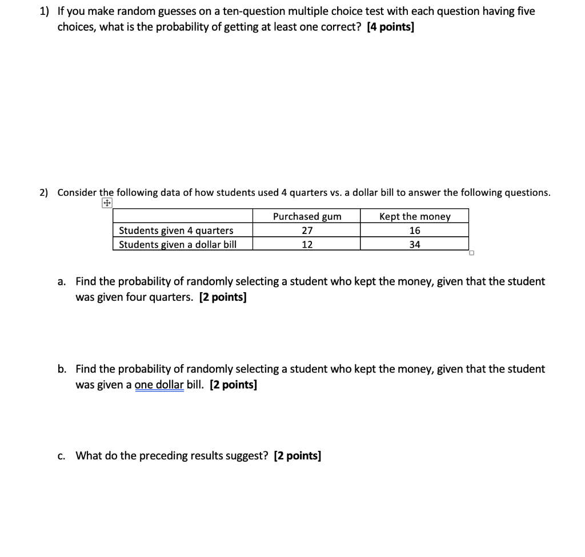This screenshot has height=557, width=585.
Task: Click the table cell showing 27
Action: tap(307, 231)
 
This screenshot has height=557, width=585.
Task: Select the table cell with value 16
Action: tap(415, 231)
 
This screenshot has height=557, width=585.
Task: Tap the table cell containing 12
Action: tap(307, 244)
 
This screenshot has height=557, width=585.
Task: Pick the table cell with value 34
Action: tap(415, 244)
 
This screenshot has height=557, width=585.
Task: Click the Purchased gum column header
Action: tap(307, 216)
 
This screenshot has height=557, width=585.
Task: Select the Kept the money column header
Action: tap(415, 216)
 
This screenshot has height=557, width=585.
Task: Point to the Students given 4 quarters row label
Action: tap(176, 231)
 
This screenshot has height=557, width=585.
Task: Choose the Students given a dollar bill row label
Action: tap(177, 244)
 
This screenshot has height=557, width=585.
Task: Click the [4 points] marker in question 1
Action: tap(390, 27)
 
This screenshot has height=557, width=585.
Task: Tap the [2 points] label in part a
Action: tap(223, 297)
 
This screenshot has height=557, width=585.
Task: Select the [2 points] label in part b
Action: tap(233, 385)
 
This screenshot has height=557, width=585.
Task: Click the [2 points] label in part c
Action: tap(297, 455)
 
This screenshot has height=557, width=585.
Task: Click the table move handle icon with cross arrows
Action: tap(107, 203)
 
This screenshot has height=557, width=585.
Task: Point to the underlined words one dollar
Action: tap(159, 385)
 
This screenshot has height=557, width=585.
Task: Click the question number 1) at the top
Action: tap(45, 11)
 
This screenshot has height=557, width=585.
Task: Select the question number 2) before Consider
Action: tap(44, 193)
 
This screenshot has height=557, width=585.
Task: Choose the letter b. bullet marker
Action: tap(62, 369)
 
